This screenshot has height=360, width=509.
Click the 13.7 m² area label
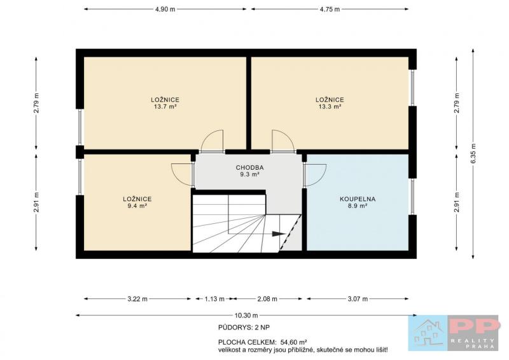click(x=165, y=106)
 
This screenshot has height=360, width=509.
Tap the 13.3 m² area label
click(x=330, y=106)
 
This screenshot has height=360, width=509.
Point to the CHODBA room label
click(x=249, y=167)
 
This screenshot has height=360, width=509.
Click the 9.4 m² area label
click(x=137, y=206)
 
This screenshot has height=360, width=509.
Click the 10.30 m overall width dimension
click(x=246, y=315)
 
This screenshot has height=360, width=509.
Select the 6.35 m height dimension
click(x=473, y=154)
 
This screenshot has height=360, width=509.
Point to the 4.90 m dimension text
click(x=165, y=9)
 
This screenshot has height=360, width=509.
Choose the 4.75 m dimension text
click(x=330, y=9)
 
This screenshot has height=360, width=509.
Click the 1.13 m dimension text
click(x=214, y=299)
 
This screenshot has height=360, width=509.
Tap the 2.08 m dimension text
click(x=267, y=299)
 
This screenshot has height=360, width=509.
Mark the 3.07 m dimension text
click(x=358, y=299)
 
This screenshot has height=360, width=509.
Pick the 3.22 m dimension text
click(x=137, y=299)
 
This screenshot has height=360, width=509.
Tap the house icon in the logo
click(x=428, y=333)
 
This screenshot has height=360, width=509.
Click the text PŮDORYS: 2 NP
click(x=244, y=328)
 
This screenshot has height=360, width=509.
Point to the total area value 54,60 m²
click(x=293, y=342)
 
